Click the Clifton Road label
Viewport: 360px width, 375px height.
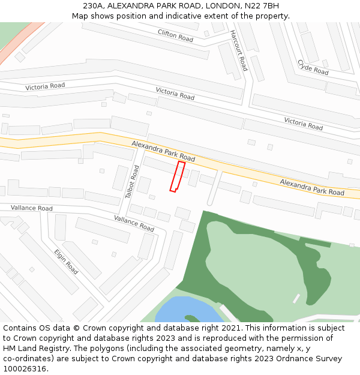click(175, 35)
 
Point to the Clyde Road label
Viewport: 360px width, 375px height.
click(313, 67)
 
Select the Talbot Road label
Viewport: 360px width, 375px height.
click(132, 182)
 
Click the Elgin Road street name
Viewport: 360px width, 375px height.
click(66, 262)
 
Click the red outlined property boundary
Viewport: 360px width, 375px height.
click(177, 176)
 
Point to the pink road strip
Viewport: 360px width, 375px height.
click(21, 42)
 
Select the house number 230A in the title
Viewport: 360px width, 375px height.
click(93, 6)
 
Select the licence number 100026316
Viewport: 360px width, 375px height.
click(25, 369)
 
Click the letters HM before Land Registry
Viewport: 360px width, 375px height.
click(10, 349)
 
